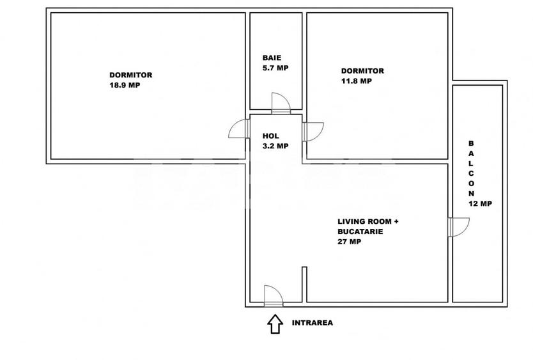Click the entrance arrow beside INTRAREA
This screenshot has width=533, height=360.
[x=275, y=324]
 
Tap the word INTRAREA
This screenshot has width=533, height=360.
[x=312, y=323]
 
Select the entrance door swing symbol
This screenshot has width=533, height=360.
[x=274, y=294]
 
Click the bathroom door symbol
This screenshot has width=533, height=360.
[x=281, y=104]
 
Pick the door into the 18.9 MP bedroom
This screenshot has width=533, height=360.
[x=239, y=130]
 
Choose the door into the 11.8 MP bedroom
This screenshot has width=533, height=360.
[x=313, y=131]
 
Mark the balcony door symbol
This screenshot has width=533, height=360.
[x=458, y=227]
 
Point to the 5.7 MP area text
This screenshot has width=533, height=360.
[x=275, y=68]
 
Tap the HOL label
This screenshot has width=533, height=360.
[x=271, y=136]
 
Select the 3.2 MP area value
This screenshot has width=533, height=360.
[x=275, y=146]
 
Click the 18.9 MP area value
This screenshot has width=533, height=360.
[x=125, y=85]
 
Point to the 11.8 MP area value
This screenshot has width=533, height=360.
[x=357, y=81]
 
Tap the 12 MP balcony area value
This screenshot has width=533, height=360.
[x=480, y=204]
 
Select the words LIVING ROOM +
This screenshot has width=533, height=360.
[x=368, y=221]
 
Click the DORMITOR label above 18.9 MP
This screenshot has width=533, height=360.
[x=130, y=75]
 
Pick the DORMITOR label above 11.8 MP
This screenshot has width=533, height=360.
[x=362, y=71]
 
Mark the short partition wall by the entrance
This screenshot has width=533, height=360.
[x=305, y=284]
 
